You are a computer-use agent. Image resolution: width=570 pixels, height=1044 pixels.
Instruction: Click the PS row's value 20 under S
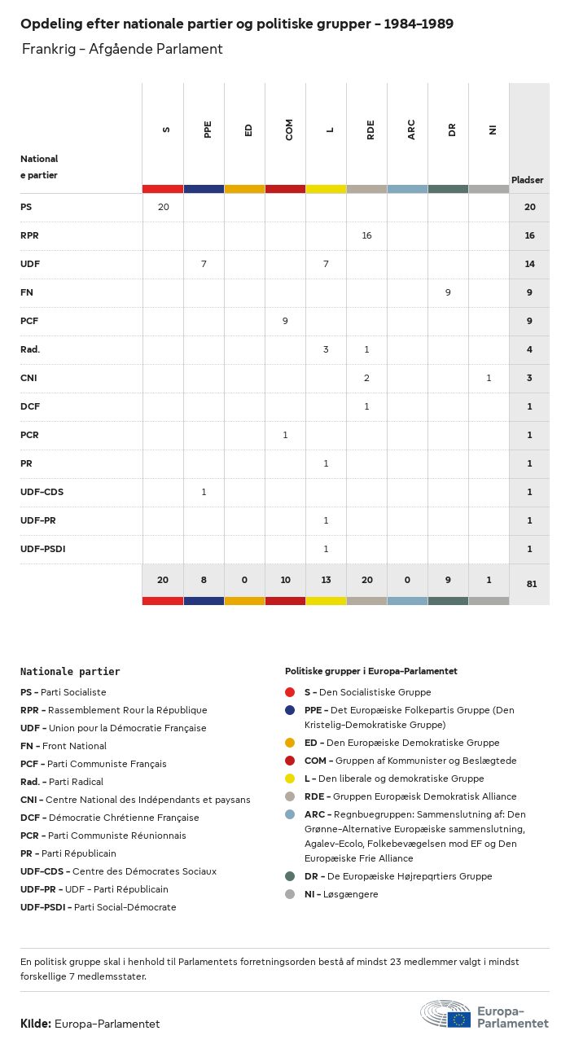[x=163, y=207]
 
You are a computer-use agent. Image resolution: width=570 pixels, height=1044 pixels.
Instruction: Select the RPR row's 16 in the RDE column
[x=366, y=235]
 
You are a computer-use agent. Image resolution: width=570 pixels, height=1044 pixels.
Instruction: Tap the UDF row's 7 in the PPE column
[x=204, y=264]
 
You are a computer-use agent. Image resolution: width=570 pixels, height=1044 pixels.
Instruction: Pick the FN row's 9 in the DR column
[x=448, y=292]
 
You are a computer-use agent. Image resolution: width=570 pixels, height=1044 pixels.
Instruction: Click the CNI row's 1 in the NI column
[x=489, y=378]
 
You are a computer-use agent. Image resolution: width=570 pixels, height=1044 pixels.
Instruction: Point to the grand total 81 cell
[x=530, y=584]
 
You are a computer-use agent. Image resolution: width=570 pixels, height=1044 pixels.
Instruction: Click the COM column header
[x=289, y=130]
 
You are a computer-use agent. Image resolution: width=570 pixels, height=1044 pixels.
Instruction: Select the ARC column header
[x=411, y=130]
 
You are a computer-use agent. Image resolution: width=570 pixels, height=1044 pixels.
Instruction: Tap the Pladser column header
[x=528, y=180]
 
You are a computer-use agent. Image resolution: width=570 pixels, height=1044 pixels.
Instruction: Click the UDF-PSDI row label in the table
[x=43, y=549]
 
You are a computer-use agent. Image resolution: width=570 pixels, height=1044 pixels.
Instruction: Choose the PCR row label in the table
[x=30, y=435]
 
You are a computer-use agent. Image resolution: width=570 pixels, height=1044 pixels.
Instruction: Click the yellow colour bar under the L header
[x=326, y=189]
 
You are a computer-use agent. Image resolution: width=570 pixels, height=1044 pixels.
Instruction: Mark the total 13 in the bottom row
[x=326, y=580]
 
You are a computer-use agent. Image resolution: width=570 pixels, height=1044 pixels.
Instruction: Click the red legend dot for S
[x=290, y=692]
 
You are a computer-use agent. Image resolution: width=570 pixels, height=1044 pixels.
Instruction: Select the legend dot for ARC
[x=290, y=814]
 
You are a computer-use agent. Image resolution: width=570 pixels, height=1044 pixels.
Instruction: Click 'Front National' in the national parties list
[x=74, y=746]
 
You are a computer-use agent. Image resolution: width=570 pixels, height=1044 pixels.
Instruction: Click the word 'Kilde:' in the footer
[x=36, y=1024]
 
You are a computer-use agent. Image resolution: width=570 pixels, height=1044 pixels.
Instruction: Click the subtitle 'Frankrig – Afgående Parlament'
[x=122, y=49]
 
